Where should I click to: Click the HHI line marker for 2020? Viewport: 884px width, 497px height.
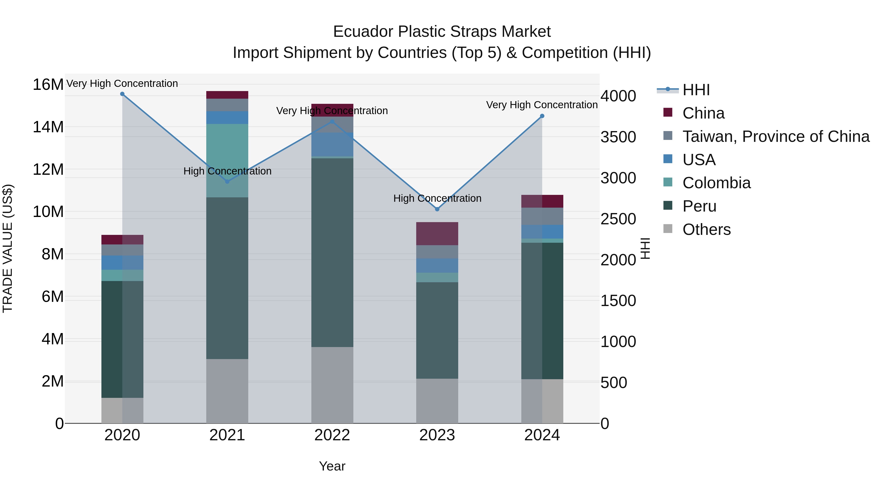pyautogui.click(x=122, y=94)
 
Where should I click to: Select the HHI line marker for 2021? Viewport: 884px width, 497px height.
pyautogui.click(x=227, y=181)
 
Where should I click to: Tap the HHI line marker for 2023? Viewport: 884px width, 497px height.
pyautogui.click(x=437, y=209)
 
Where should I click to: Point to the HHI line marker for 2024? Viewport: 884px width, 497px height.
pyautogui.click(x=542, y=116)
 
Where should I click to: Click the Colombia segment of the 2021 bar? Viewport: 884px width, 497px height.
pyautogui.click(x=227, y=161)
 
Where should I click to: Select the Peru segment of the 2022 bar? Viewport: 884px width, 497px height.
pyautogui.click(x=332, y=253)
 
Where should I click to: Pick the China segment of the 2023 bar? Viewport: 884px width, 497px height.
pyautogui.click(x=437, y=234)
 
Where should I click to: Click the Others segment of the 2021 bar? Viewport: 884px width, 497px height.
pyautogui.click(x=227, y=391)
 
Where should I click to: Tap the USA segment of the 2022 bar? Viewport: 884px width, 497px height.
pyautogui.click(x=332, y=144)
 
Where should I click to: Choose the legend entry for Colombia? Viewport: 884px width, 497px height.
pyautogui.click(x=716, y=183)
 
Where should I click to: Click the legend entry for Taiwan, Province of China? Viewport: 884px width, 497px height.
pyautogui.click(x=775, y=136)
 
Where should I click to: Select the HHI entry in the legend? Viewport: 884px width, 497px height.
pyautogui.click(x=696, y=90)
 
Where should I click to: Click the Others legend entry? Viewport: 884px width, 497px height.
pyautogui.click(x=706, y=229)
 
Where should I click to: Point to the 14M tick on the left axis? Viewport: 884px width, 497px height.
pyautogui.click(x=48, y=127)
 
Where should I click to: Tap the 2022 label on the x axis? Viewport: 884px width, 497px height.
pyautogui.click(x=332, y=435)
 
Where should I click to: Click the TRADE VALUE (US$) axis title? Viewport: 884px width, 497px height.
pyautogui.click(x=8, y=248)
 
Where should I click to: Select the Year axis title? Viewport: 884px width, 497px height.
pyautogui.click(x=332, y=466)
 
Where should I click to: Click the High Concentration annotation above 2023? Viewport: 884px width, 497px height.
pyautogui.click(x=437, y=198)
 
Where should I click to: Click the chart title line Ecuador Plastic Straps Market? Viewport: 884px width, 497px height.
pyautogui.click(x=442, y=32)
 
